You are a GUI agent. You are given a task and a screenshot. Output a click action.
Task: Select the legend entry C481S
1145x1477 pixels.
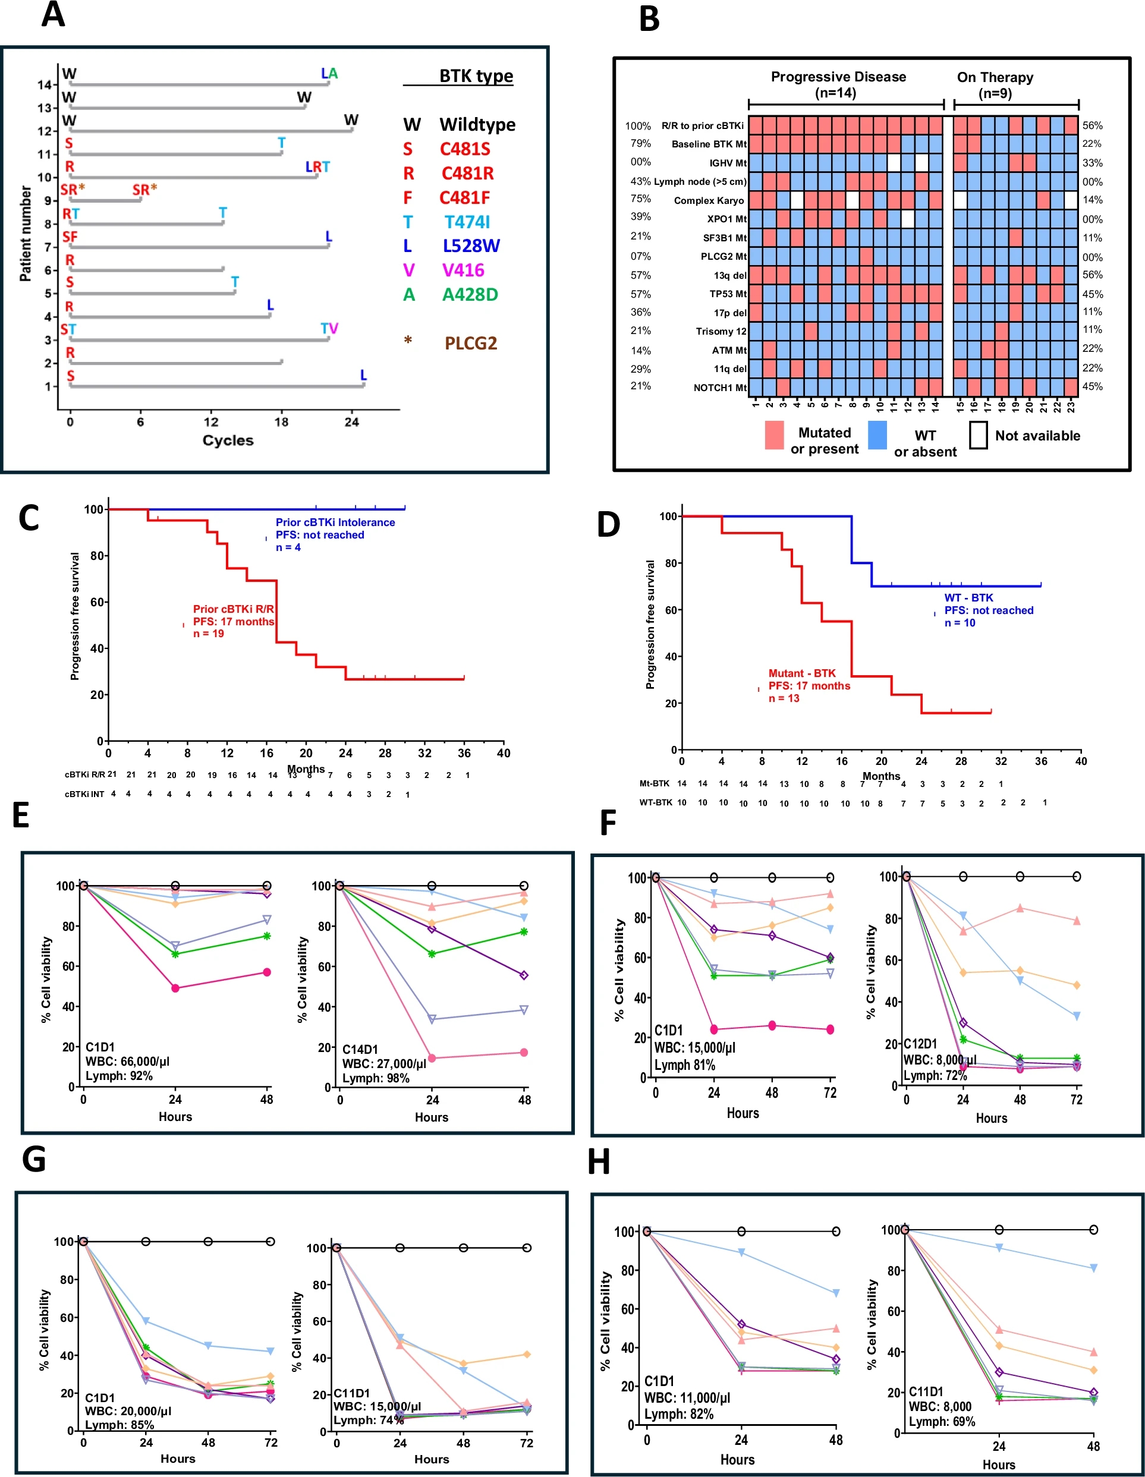pyautogui.click(x=465, y=149)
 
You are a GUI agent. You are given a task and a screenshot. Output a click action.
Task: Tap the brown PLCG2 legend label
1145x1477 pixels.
pyautogui.click(x=471, y=344)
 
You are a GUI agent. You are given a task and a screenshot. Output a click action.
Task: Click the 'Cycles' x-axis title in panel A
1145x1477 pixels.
pyautogui.click(x=228, y=440)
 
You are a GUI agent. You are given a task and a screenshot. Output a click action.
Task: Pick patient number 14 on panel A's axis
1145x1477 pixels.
pyautogui.click(x=45, y=85)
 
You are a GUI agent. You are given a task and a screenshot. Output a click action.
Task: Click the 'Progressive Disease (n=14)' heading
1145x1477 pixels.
pyautogui.click(x=838, y=84)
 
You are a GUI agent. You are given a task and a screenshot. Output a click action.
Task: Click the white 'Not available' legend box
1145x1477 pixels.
pyautogui.click(x=978, y=435)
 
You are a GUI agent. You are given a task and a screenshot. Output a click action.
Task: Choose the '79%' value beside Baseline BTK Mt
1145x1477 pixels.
pyautogui.click(x=640, y=143)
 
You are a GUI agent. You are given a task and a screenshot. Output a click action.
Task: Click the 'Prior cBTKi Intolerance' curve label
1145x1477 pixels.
pyautogui.click(x=335, y=522)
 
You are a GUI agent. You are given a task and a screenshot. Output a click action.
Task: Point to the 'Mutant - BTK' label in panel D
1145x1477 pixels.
pyautogui.click(x=801, y=673)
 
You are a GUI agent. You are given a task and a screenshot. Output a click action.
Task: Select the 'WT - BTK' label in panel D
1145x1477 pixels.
pyautogui.click(x=968, y=598)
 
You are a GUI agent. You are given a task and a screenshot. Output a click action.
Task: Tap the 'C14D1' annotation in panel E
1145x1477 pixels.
pyautogui.click(x=360, y=1049)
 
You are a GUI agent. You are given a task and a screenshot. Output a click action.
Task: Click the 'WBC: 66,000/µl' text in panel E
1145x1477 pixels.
pyautogui.click(x=127, y=1061)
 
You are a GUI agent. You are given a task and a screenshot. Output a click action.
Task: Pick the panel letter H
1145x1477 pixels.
pyautogui.click(x=599, y=1162)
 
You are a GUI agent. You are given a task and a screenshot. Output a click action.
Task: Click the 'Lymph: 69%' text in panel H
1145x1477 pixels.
pyautogui.click(x=942, y=1422)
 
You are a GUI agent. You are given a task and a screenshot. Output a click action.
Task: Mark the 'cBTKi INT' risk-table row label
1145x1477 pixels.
pyautogui.click(x=84, y=794)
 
